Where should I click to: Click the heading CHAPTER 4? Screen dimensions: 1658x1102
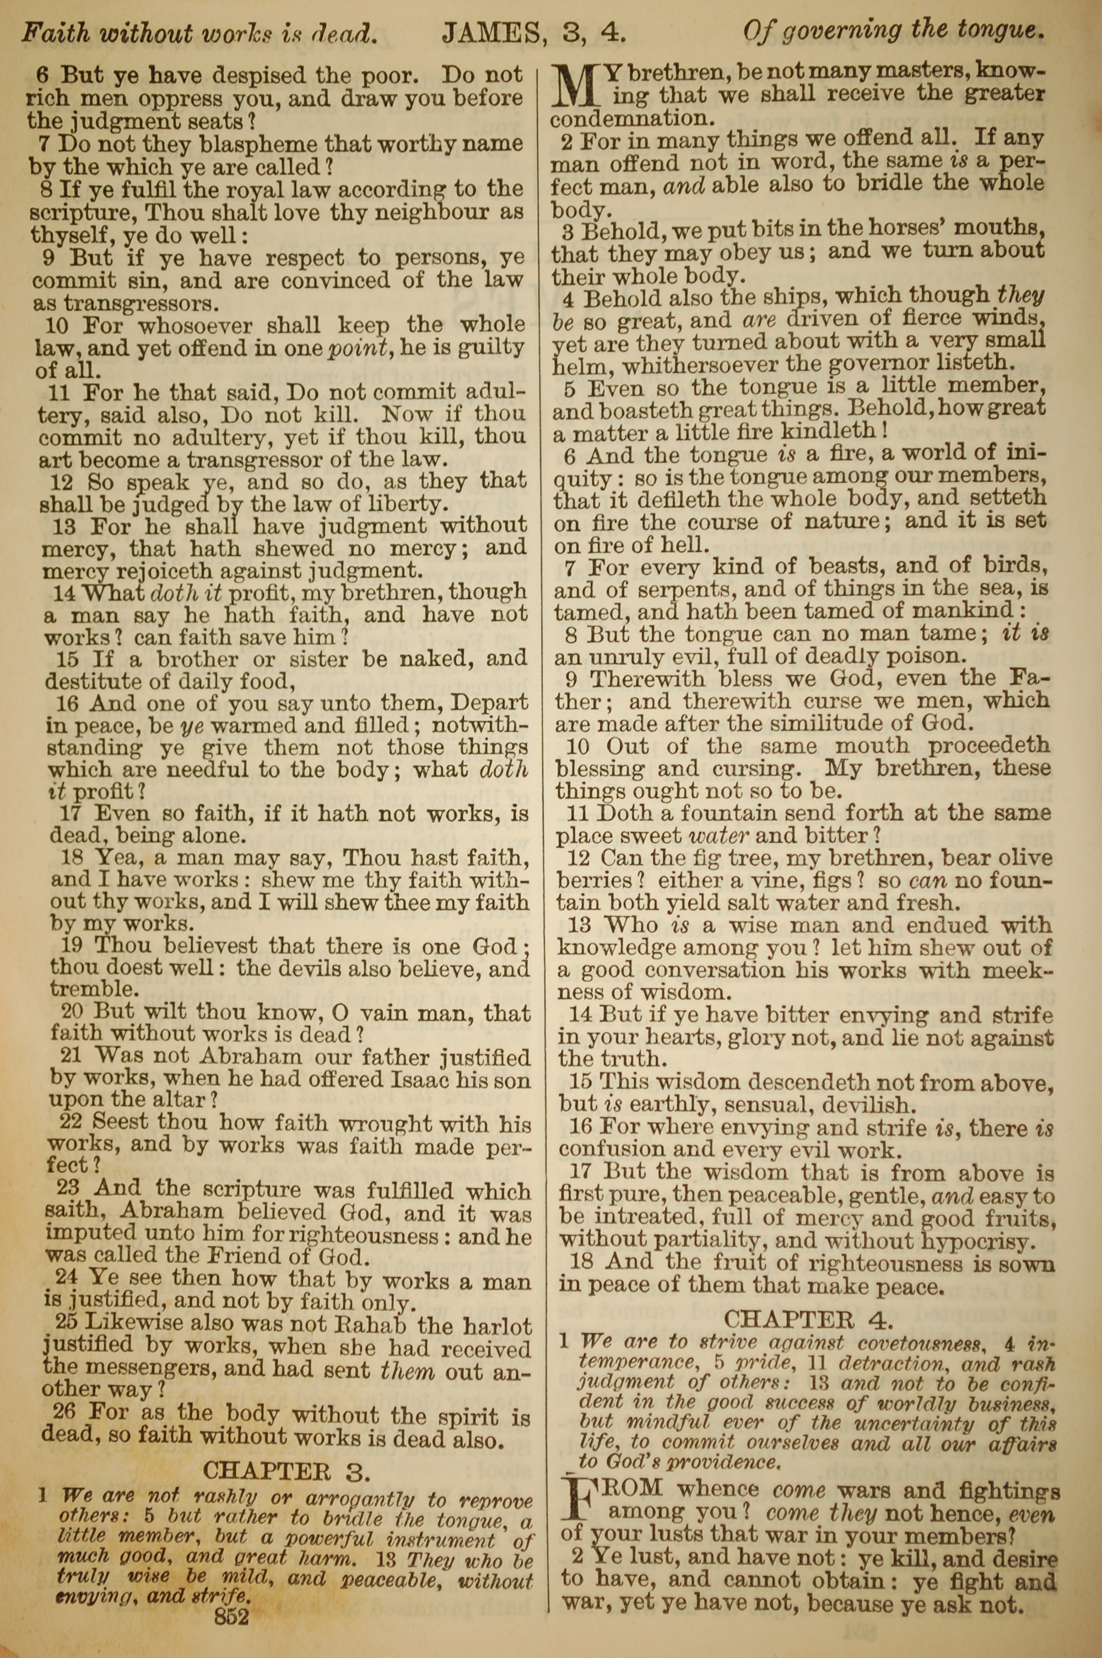(808, 1318)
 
